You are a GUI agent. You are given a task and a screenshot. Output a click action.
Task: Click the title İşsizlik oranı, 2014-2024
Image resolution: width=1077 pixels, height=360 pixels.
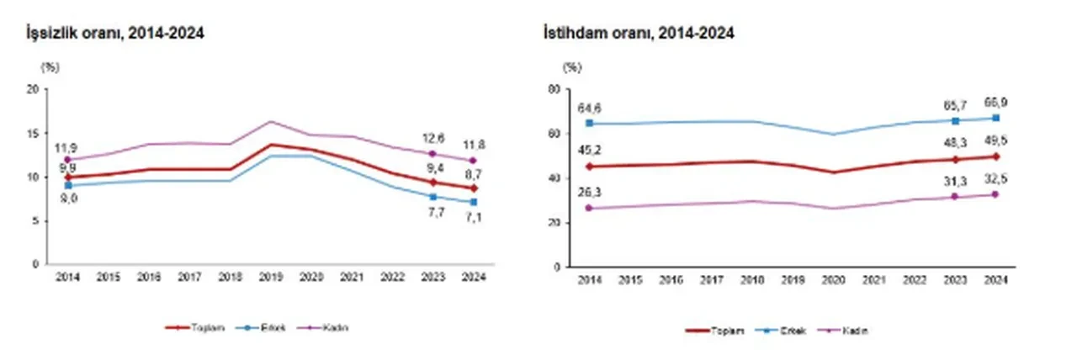click(117, 33)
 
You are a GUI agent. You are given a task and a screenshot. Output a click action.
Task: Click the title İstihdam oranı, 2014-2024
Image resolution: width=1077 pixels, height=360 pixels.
click(639, 33)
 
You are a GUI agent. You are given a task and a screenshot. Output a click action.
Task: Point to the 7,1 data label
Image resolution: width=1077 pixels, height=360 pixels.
click(474, 218)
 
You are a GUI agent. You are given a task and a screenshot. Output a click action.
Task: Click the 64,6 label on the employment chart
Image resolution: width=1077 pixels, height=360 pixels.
click(589, 109)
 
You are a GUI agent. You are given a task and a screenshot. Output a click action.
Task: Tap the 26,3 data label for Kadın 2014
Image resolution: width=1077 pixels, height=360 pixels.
click(589, 192)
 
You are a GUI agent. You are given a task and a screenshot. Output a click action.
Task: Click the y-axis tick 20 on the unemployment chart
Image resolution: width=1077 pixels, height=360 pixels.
click(32, 89)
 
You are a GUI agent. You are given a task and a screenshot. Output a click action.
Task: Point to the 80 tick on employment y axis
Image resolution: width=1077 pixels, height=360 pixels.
click(554, 89)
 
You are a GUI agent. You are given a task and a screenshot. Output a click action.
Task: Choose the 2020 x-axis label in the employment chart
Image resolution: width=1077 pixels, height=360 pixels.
click(833, 281)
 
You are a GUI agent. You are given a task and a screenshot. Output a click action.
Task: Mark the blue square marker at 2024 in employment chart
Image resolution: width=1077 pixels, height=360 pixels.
click(995, 118)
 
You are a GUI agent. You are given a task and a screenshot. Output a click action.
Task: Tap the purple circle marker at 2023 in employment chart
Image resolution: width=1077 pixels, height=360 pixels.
click(955, 197)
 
